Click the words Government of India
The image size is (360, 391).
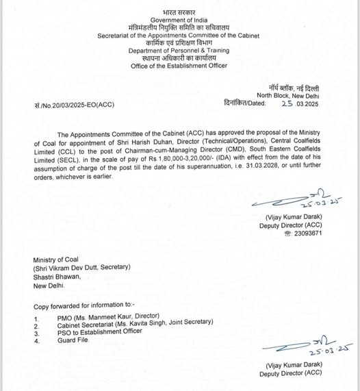point(179,21)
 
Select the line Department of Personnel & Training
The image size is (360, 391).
point(179,51)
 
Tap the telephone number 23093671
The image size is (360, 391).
point(308,233)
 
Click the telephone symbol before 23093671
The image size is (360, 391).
point(287,233)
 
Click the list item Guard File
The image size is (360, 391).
point(74,340)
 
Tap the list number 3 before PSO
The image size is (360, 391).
point(36,333)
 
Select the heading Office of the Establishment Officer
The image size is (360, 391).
point(179,66)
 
